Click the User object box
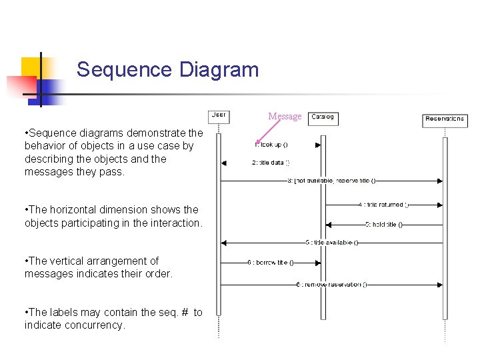[x=219, y=116]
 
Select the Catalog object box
[x=323, y=118]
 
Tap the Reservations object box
[x=445, y=120]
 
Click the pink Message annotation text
[x=285, y=117]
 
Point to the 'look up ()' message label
[x=271, y=144]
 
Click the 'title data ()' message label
[x=271, y=163]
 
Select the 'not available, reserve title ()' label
[x=331, y=180]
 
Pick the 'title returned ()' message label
[x=383, y=205]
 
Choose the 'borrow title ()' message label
[x=271, y=263]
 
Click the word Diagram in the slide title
[x=219, y=69]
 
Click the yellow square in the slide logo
[x=31, y=67]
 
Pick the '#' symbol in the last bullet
[x=182, y=312]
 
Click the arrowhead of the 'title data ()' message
[x=224, y=163]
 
